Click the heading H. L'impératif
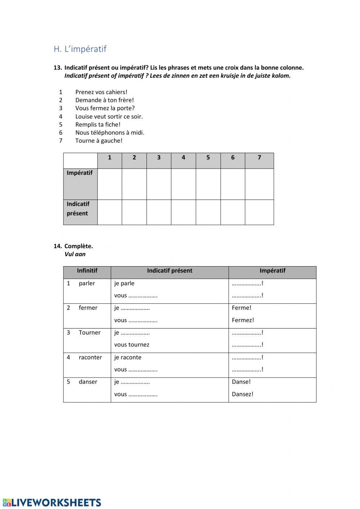point(80,49)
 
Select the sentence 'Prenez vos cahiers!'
point(101,92)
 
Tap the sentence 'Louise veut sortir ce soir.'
point(109,116)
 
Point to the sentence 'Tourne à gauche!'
point(99,141)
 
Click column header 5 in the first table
point(208,157)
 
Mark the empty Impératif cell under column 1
point(109,184)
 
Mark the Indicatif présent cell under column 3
point(159,212)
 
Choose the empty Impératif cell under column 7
point(259,184)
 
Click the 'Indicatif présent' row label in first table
point(78,209)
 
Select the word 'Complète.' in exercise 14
point(78,246)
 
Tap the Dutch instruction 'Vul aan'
point(75,254)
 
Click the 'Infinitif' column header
point(87,271)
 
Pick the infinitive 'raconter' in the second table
point(90,357)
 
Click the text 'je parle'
point(124,283)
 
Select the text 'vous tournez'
point(132,345)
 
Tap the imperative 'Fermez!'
point(243,320)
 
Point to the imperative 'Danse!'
point(241,382)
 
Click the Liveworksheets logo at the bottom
point(51,503)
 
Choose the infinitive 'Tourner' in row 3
point(90,333)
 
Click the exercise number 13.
point(58,68)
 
